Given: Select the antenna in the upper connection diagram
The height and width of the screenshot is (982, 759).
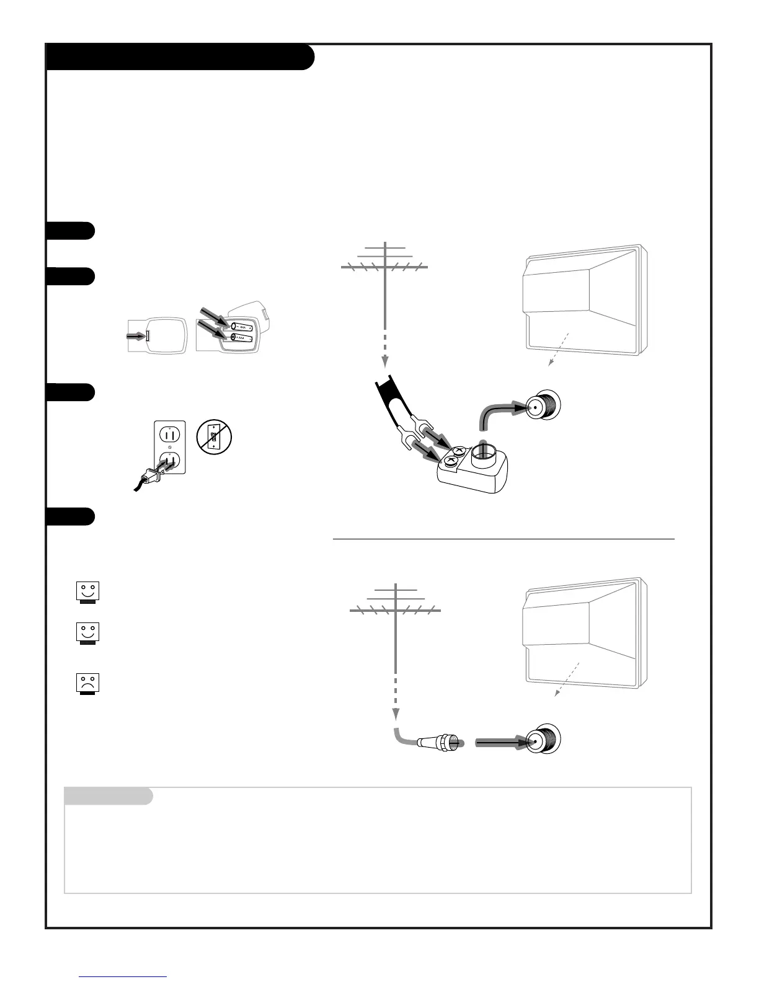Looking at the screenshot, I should tap(385, 267).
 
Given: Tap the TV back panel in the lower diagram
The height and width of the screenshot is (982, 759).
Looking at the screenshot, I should tap(583, 632).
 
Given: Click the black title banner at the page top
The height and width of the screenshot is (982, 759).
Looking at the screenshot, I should tap(180, 57).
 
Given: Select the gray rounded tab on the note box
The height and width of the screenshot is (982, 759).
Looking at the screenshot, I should tap(109, 796).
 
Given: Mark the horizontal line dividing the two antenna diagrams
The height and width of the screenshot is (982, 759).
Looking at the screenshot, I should tap(504, 539).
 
